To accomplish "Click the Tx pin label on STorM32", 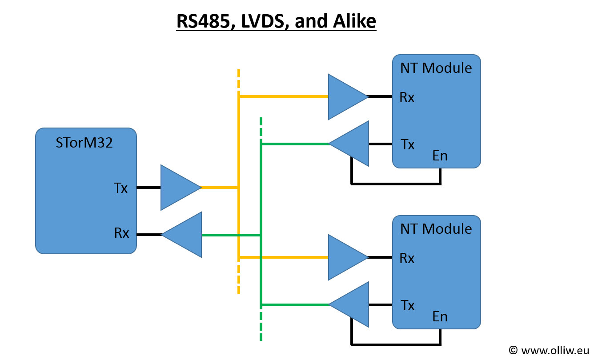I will tap(120, 188).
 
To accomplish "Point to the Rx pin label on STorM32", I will tap(121, 233).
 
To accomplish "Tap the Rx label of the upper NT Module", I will tap(407, 97).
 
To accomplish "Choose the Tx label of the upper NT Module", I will tap(408, 144).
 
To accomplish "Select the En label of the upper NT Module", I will tap(439, 156).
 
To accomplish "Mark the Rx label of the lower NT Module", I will tap(407, 258).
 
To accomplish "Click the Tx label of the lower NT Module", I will tap(408, 305).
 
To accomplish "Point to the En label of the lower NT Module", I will tap(439, 316).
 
